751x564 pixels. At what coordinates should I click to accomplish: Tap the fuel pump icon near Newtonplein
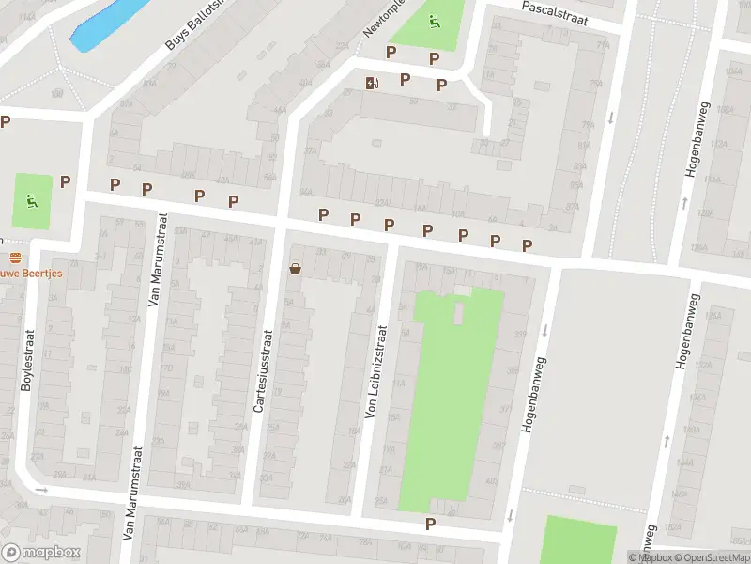pyautogui.click(x=373, y=83)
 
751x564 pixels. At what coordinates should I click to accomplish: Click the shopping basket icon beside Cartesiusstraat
pyautogui.click(x=296, y=270)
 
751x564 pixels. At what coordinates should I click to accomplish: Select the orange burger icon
pyautogui.click(x=14, y=257)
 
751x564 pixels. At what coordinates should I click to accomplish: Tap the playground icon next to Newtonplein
pyautogui.click(x=434, y=22)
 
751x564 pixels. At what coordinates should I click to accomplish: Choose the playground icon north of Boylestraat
pyautogui.click(x=32, y=199)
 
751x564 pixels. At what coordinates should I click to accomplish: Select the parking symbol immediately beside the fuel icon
pyautogui.click(x=405, y=80)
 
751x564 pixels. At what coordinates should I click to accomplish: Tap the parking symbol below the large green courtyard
pyautogui.click(x=431, y=524)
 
